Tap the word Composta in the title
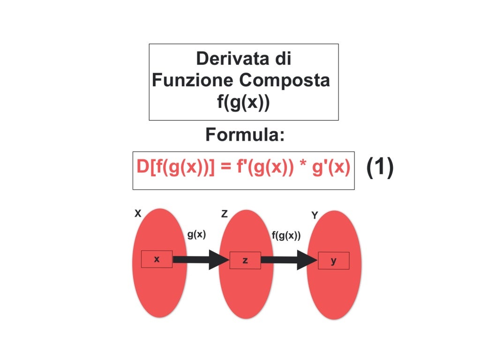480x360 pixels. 285,81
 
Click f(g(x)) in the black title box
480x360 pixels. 244,102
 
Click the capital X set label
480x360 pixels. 138,214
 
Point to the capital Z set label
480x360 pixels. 225,214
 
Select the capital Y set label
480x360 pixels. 315,215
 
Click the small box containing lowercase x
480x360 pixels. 157,259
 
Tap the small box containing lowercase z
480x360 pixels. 245,260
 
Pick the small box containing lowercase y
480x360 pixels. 333,261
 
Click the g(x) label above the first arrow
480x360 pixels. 196,234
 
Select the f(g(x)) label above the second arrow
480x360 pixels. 286,236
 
